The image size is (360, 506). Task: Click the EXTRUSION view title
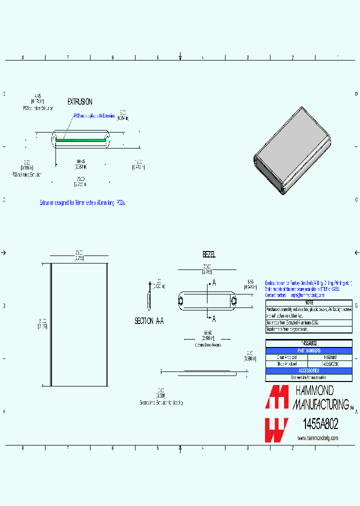(79, 101)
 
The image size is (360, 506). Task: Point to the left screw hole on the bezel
(180, 300)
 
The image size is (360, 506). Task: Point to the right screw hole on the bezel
(233, 300)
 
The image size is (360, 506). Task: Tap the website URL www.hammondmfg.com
(317, 438)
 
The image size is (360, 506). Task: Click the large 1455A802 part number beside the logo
(320, 424)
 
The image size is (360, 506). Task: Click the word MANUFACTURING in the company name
(320, 403)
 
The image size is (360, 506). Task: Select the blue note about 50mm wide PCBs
(82, 203)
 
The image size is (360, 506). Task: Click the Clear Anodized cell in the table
(286, 357)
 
